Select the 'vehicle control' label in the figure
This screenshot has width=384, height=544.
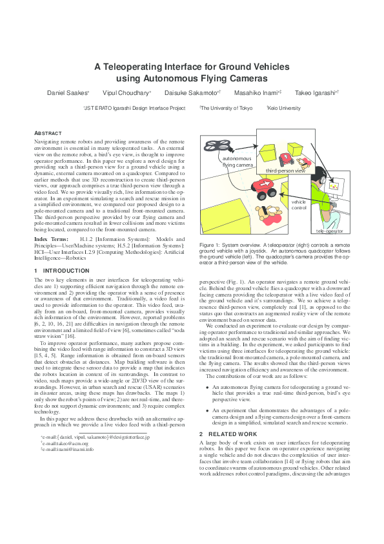(x=299, y=205)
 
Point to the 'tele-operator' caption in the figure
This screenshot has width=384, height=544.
(x=329, y=231)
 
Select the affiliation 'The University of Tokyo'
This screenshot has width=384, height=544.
(x=227, y=109)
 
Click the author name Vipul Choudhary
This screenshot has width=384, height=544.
(x=126, y=93)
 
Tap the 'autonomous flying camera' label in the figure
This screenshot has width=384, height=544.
(x=238, y=162)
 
